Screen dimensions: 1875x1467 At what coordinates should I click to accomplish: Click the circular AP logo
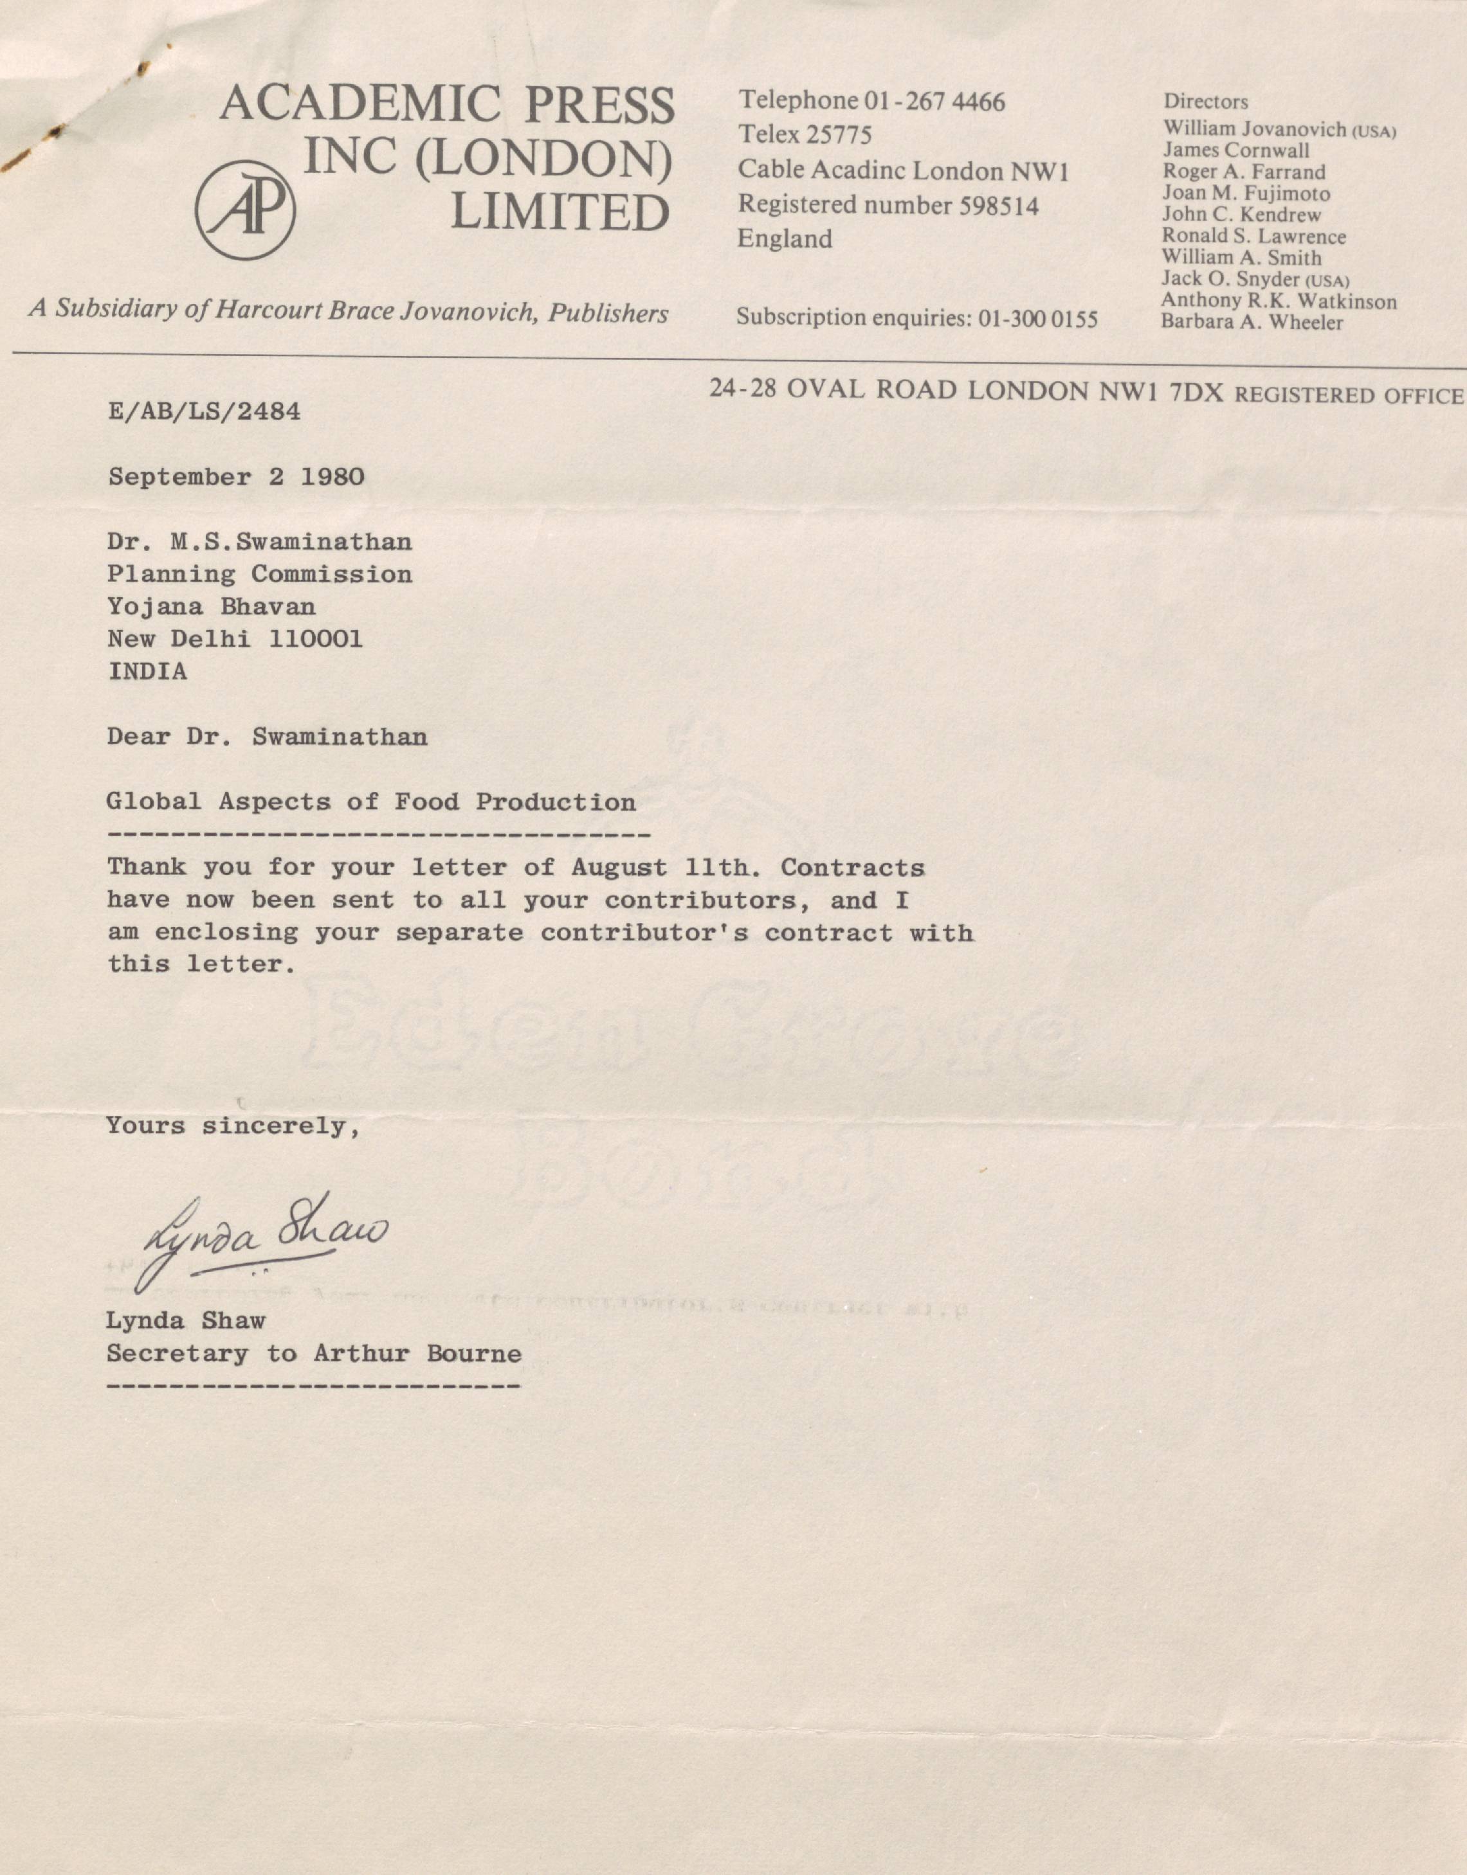pos(246,210)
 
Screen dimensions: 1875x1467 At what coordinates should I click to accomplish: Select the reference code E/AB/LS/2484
pos(205,412)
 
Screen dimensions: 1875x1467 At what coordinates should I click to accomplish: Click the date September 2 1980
pos(236,478)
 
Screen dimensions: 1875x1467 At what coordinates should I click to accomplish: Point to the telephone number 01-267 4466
pos(934,102)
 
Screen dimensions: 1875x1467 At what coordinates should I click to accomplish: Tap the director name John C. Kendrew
pos(1241,215)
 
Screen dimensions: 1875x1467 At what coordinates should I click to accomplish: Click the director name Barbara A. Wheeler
pos(1252,323)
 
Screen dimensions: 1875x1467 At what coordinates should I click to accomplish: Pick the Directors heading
pos(1205,102)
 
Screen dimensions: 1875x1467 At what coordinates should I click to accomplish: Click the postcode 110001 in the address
pos(315,639)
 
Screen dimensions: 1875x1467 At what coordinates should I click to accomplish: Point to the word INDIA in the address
pos(147,671)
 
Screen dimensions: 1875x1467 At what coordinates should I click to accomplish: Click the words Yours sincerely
pos(233,1126)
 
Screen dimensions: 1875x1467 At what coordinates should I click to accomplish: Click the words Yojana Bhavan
pos(212,607)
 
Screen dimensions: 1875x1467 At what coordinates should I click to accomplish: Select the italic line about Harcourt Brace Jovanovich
pos(348,310)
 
